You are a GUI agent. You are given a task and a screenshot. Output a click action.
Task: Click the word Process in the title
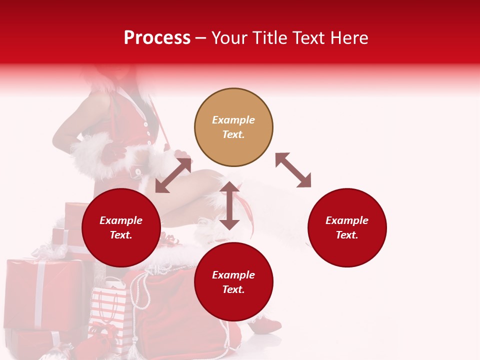157,38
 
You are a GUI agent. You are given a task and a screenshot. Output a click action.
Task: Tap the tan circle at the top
233,127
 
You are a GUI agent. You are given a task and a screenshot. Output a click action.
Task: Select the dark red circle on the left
121,228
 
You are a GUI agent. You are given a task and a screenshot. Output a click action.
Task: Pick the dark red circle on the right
347,228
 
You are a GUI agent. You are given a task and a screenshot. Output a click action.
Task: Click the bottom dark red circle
233,282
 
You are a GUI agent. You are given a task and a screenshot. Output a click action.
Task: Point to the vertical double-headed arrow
229,205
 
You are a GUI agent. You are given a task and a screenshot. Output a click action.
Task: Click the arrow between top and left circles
173,175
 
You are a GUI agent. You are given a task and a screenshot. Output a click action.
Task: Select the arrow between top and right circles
293,170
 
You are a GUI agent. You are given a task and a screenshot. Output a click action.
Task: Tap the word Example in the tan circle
233,120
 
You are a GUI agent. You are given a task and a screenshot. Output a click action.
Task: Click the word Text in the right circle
347,235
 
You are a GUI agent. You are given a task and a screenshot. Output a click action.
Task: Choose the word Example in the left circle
121,220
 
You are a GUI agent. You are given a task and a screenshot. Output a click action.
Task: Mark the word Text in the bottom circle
233,289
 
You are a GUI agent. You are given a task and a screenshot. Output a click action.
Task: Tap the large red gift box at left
42,292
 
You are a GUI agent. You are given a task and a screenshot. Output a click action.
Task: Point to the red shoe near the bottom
267,325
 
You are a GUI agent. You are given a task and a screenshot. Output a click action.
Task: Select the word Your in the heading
229,38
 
